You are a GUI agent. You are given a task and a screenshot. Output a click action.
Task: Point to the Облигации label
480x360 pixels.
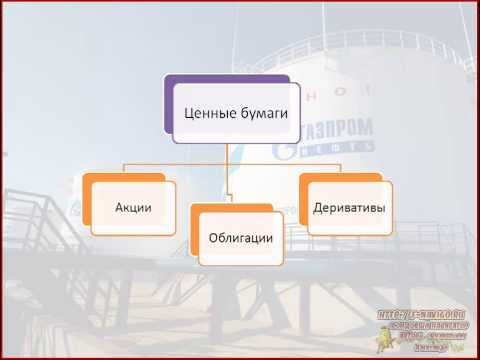click(x=240, y=237)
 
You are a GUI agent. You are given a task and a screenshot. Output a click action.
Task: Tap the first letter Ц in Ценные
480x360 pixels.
click(x=191, y=114)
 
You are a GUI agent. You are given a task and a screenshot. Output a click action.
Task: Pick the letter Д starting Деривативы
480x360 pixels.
click(x=318, y=208)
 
